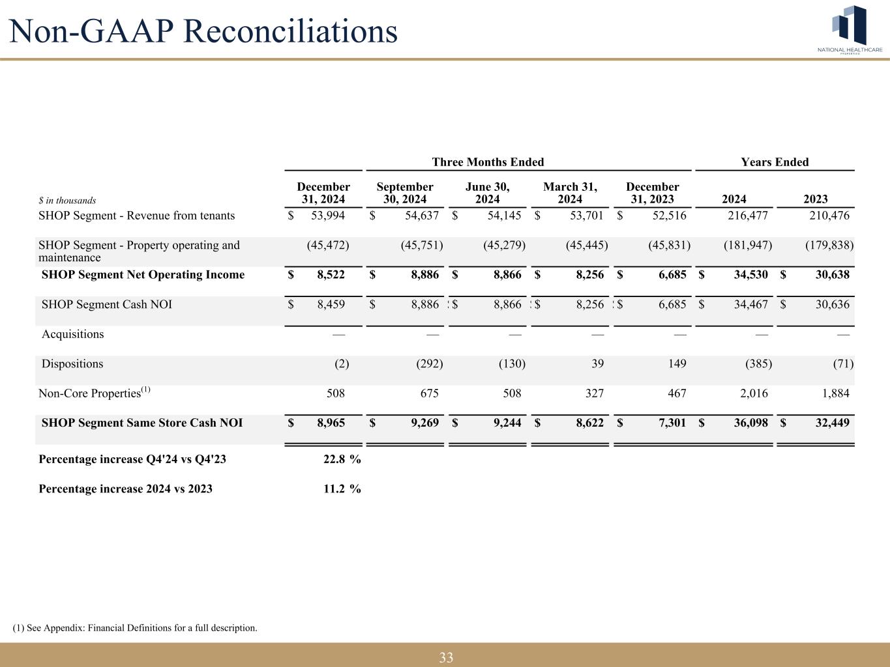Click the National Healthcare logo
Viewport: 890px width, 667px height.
pyautogui.click(x=850, y=29)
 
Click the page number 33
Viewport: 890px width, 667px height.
pyautogui.click(x=446, y=657)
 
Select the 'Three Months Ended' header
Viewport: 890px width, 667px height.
pyautogui.click(x=488, y=162)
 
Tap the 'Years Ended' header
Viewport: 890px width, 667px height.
pyautogui.click(x=775, y=162)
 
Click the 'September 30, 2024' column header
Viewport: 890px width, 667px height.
pyautogui.click(x=405, y=193)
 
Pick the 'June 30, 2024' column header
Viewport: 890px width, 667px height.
pyautogui.click(x=488, y=193)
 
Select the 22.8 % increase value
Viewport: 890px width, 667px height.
pyautogui.click(x=342, y=459)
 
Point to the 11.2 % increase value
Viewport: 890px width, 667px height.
pyautogui.click(x=342, y=489)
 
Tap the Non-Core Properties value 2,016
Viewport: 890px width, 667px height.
pyautogui.click(x=754, y=393)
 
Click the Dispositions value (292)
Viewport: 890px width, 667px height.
pyautogui.click(x=429, y=363)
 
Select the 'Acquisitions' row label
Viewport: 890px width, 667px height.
pyautogui.click(x=72, y=334)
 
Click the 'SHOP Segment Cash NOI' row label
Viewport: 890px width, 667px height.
pyautogui.click(x=106, y=304)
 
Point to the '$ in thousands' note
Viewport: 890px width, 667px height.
pyautogui.click(x=67, y=201)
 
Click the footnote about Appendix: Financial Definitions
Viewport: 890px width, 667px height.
pyautogui.click(x=135, y=628)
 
